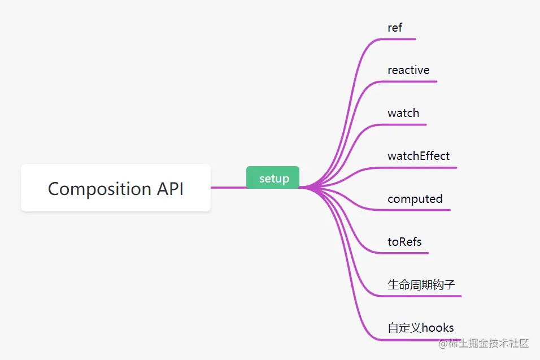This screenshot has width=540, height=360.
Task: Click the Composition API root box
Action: tap(116, 188)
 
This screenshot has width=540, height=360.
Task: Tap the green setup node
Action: tap(273, 179)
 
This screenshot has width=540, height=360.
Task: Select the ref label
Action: tap(395, 27)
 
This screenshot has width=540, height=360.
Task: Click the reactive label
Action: tap(408, 70)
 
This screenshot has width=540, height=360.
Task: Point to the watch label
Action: tap(403, 113)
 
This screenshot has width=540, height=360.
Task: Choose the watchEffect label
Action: tap(419, 156)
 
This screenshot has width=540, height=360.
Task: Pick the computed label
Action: tap(415, 199)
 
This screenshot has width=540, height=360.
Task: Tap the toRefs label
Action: tap(404, 242)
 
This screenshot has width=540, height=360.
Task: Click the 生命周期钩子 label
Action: tap(421, 285)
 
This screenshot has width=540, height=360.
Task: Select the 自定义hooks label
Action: tap(421, 328)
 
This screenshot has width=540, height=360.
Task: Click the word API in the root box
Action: tap(168, 188)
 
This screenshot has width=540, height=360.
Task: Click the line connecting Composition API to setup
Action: tap(228, 187)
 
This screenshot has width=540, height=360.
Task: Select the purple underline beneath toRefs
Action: tap(407, 253)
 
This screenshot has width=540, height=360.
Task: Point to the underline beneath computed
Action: tap(418, 210)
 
